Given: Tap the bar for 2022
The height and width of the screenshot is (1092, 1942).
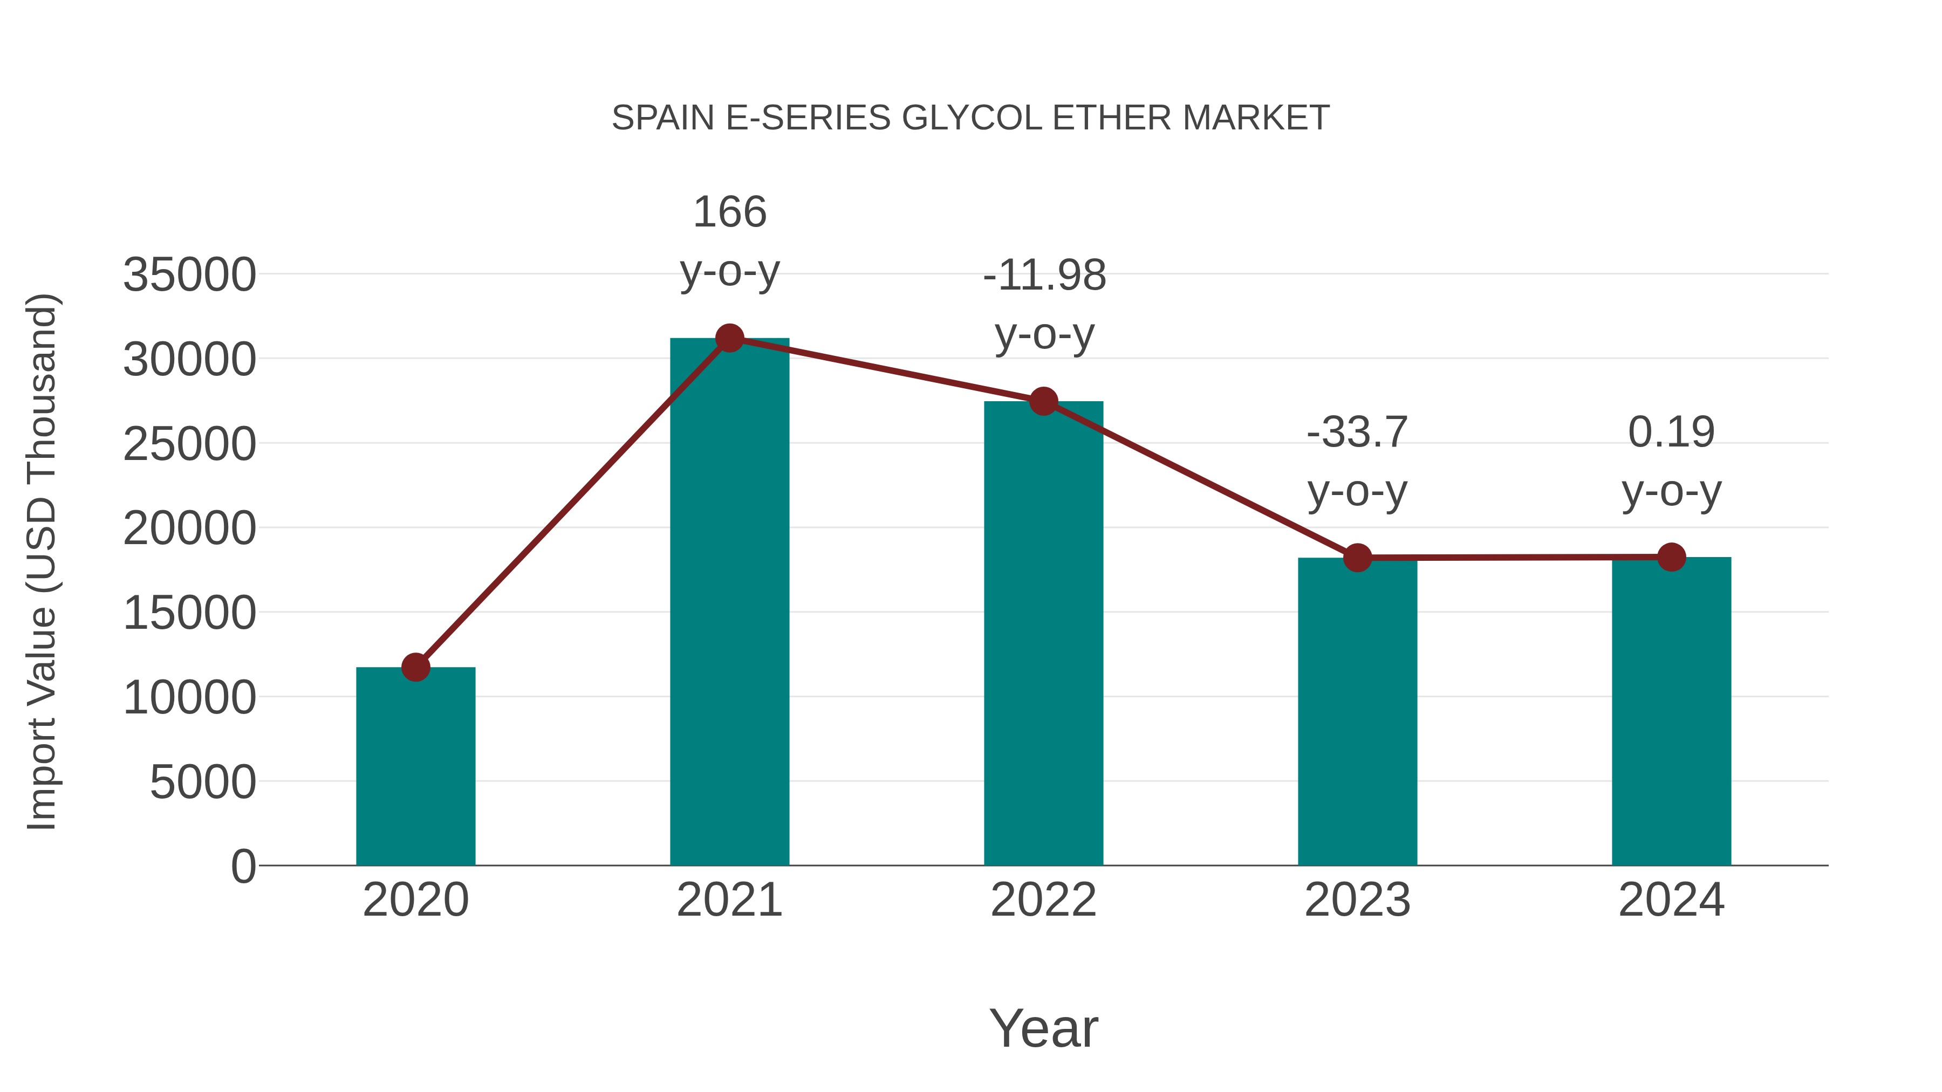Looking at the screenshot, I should coord(1043,633).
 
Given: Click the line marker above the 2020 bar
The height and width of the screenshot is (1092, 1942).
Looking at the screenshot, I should coord(415,667).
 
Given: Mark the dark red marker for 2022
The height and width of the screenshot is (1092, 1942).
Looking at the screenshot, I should coord(1043,402).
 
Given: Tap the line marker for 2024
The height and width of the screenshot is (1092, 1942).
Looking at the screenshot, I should coord(1671,557).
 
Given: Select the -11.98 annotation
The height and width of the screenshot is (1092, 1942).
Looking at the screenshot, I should coord(1044,275).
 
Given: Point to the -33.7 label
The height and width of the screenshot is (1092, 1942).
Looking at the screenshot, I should coord(1357,432).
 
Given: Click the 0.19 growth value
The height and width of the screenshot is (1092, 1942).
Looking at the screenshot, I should coord(1671,432).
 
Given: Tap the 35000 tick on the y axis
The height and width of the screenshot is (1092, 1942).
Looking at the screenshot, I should coord(189,274).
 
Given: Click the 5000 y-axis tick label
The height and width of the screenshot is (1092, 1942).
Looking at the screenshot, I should coord(203,782).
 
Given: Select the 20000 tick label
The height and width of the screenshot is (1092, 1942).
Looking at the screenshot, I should coord(189,528).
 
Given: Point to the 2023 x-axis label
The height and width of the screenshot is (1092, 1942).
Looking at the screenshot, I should coord(1357,900).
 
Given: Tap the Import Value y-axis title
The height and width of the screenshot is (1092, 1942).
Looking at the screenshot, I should coord(42,561).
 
